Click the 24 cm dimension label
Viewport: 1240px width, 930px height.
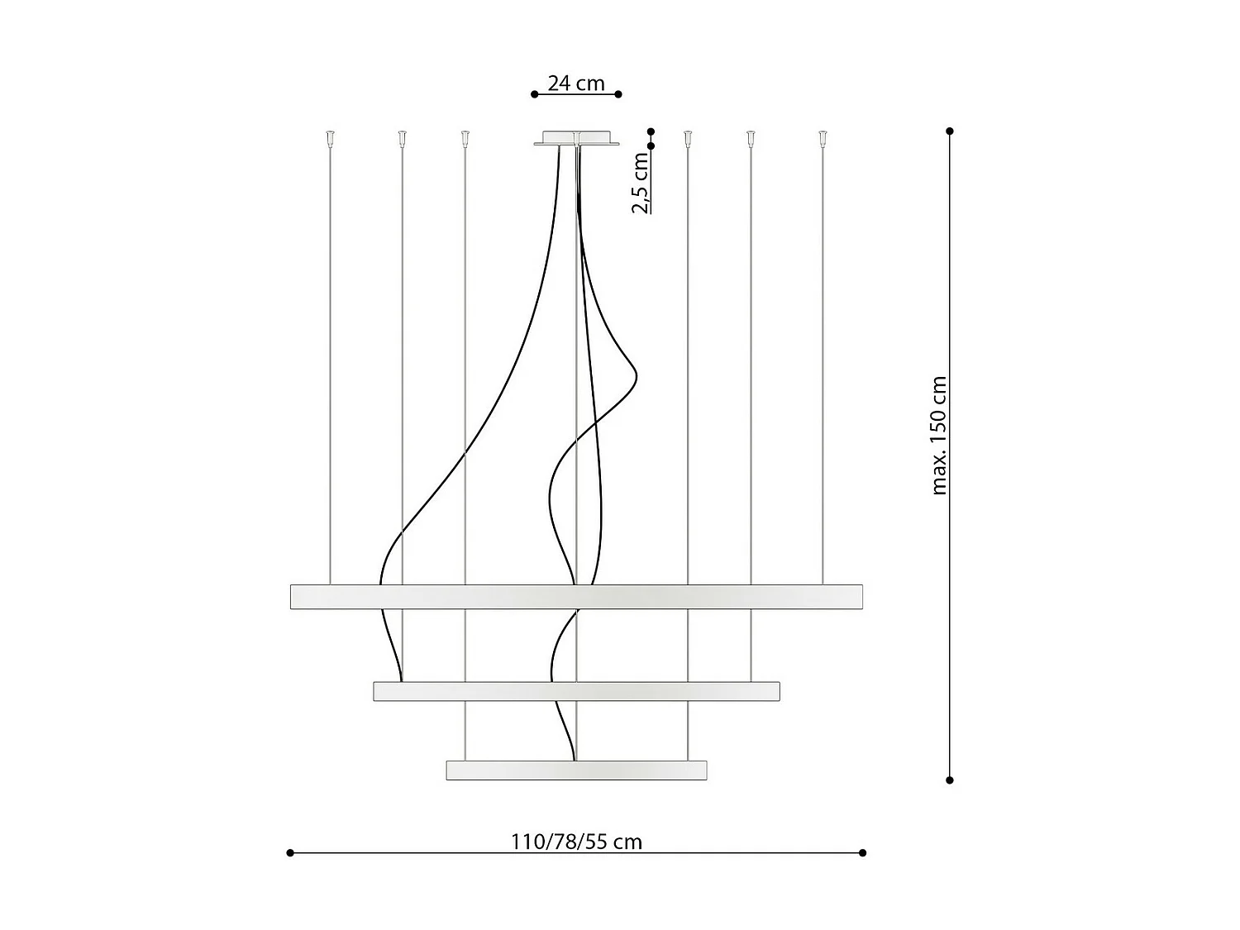tap(576, 83)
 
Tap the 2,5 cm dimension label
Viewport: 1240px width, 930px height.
tap(641, 184)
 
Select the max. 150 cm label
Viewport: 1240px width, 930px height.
tap(939, 436)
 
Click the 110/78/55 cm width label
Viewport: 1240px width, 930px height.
tap(576, 842)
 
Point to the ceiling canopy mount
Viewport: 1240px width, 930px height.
tap(576, 137)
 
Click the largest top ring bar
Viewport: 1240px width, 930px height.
tap(576, 597)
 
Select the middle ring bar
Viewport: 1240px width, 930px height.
tap(576, 691)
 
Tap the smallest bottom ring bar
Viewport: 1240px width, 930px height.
tap(576, 770)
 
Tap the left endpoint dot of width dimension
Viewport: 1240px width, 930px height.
tap(290, 852)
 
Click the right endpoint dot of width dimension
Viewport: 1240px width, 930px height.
tap(862, 852)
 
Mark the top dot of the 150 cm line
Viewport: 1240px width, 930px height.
tap(950, 131)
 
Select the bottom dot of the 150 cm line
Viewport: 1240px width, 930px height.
tap(950, 780)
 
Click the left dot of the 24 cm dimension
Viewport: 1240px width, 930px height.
tap(534, 94)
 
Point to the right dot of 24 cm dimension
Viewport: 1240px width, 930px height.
tap(619, 94)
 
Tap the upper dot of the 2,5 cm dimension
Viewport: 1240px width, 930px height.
tap(651, 131)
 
